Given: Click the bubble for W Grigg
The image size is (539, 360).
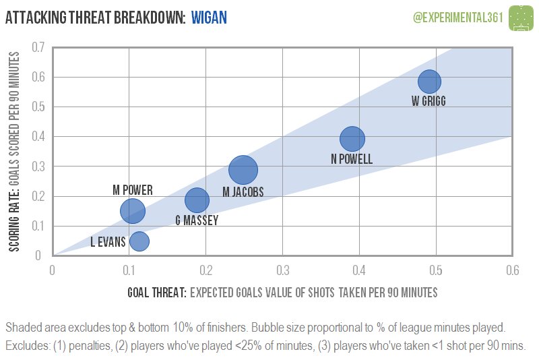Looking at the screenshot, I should coord(429,82).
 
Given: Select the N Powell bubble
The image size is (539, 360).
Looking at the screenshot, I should coord(352,138).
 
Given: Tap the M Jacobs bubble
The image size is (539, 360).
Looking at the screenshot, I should coord(243,170).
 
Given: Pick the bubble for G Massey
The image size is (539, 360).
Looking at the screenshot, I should coord(197,200).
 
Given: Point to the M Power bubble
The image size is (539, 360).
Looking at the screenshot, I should coord(133,211).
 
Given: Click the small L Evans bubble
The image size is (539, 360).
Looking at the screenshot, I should coord(139,241).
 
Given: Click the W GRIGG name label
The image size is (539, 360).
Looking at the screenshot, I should coord(429,101).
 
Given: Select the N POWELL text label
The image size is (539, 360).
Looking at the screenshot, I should coord(352,159).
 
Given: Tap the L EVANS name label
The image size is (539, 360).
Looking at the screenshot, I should coord(108,242).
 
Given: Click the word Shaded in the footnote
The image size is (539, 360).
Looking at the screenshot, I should coord(23,328).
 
